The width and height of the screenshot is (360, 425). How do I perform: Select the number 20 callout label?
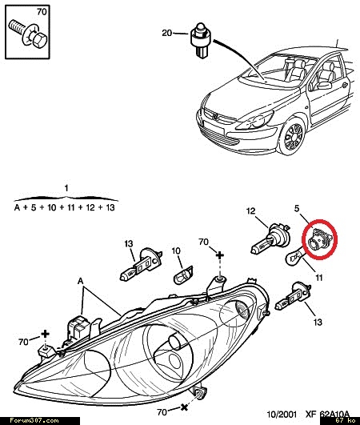[x=167, y=33]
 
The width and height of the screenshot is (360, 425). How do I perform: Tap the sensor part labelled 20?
[x=201, y=39]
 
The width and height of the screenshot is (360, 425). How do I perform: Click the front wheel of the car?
[x=293, y=138]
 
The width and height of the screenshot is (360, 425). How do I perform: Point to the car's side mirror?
[x=326, y=85]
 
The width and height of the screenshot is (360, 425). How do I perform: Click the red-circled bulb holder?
[x=318, y=239]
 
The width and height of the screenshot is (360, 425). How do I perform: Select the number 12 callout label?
[x=251, y=210]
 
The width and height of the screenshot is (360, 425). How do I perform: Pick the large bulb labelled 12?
[x=271, y=239]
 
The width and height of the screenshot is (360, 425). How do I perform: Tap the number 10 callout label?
[x=176, y=251]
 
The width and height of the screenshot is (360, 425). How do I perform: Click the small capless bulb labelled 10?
[x=183, y=275]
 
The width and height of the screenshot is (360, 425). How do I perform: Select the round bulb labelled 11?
[x=295, y=257]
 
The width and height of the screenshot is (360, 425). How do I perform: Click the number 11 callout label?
[x=318, y=278]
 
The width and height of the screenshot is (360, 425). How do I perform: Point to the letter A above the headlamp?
[x=81, y=281]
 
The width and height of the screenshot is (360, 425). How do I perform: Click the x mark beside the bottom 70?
[x=184, y=407]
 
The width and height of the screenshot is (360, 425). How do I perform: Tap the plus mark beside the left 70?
[x=45, y=334]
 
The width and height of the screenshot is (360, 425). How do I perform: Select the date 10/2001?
[x=282, y=414]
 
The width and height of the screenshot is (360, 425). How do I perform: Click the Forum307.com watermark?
[x=34, y=421]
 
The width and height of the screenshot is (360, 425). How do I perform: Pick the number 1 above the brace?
[x=66, y=187]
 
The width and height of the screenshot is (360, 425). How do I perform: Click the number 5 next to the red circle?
[x=297, y=208]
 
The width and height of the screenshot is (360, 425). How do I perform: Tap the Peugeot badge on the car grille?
[x=214, y=117]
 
